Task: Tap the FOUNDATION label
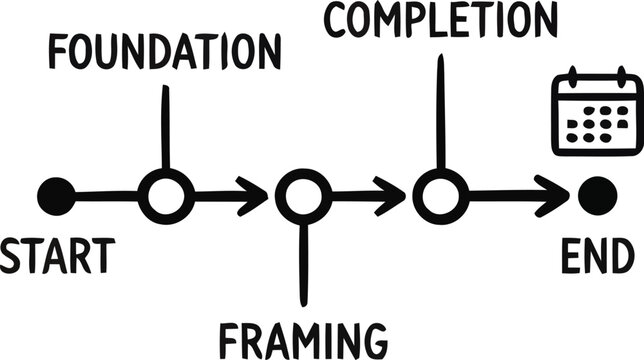tap(165, 52)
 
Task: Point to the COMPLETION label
tap(440, 20)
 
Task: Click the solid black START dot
tap(55, 196)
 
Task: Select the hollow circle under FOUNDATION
tap(165, 196)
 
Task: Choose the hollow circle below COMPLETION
tap(440, 196)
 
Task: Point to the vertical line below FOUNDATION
tap(165, 125)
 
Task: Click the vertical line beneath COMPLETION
tap(440, 110)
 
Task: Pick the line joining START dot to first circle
tap(105, 196)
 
